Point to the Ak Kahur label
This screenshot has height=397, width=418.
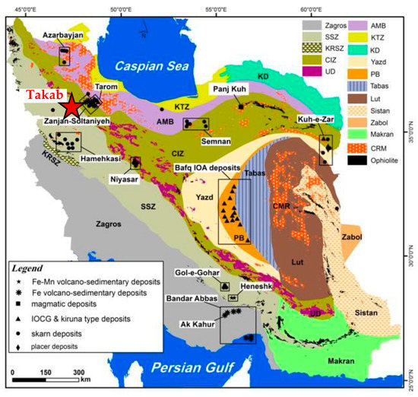tap(195, 322)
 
